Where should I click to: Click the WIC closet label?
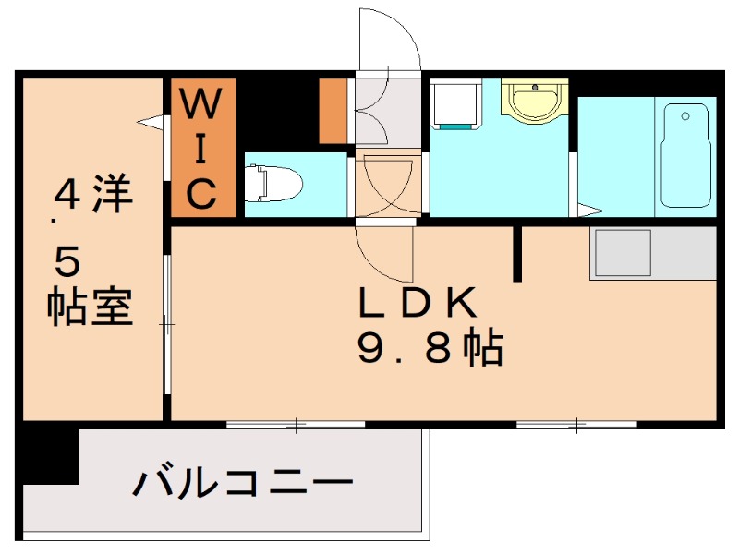coord(204,149)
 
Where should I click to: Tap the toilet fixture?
coord(274,182)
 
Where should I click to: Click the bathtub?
coord(685,154)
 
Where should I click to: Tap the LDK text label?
coord(417,303)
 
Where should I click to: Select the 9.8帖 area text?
coord(430,349)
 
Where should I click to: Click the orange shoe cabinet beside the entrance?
coord(333,112)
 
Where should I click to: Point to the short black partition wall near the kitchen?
coord(519,252)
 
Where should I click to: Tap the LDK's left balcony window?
coord(297,425)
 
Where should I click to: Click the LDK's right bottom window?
coord(576,425)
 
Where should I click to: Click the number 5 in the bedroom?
coord(67,264)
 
